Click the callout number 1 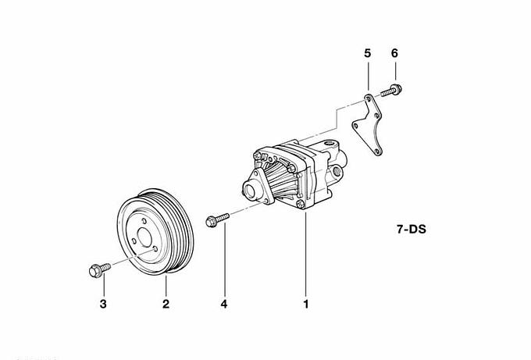(306, 304)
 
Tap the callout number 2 (166, 304)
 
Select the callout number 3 (103, 304)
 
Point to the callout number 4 (224, 304)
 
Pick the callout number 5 (368, 53)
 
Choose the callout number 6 (394, 53)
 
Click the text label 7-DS (412, 230)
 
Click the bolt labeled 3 (100, 270)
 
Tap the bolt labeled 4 (217, 219)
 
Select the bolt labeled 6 (391, 91)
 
